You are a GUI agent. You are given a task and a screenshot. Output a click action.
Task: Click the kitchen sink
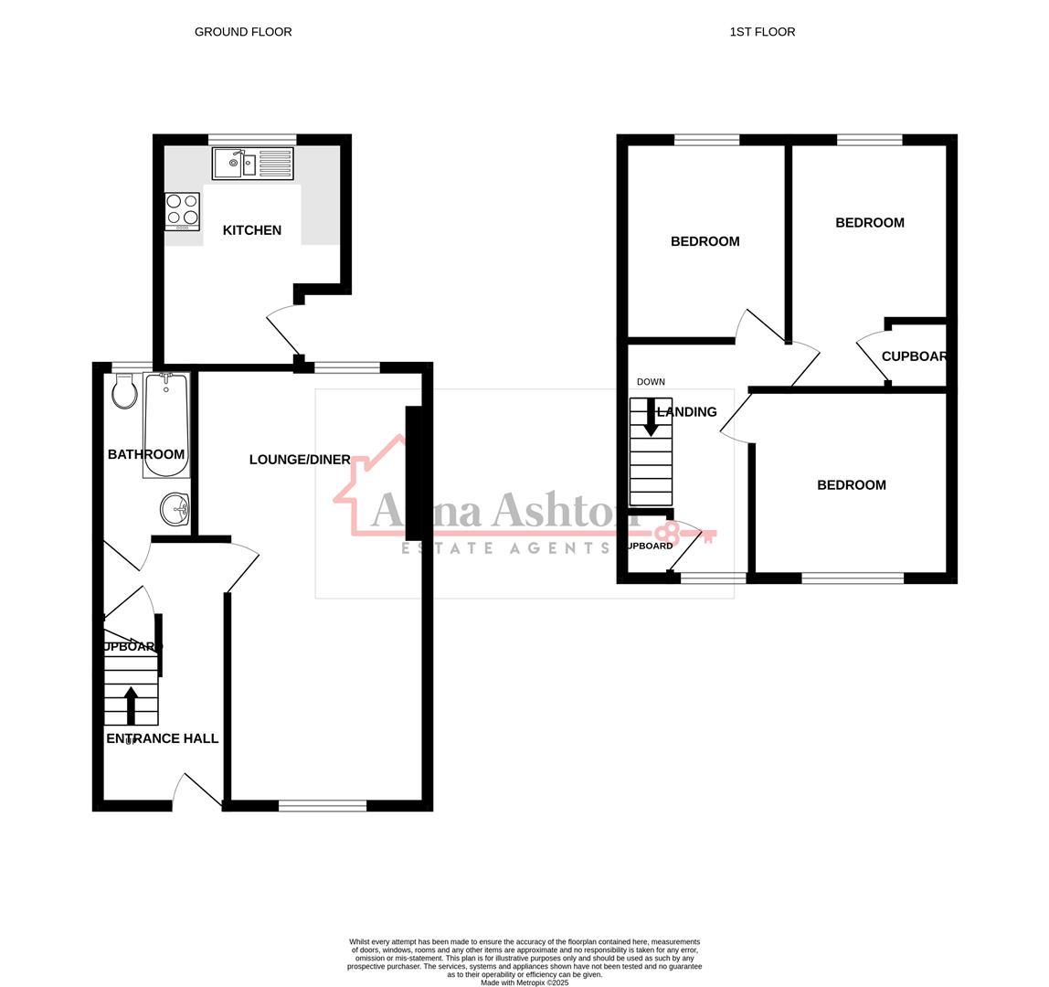[252, 164]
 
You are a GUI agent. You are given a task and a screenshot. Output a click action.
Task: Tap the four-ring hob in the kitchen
[182, 210]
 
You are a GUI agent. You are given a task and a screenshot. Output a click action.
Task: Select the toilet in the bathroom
[124, 392]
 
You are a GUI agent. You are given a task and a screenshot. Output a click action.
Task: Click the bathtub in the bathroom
[166, 425]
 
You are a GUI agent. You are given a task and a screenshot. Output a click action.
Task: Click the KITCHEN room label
[252, 230]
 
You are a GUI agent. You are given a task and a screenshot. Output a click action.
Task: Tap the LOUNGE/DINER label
[300, 460]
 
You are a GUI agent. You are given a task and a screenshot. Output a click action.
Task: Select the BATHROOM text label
[146, 454]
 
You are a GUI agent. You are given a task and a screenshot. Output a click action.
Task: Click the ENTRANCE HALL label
[163, 738]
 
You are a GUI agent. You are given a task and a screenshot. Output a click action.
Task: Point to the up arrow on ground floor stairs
[131, 705]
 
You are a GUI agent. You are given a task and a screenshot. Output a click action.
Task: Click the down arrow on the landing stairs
[651, 418]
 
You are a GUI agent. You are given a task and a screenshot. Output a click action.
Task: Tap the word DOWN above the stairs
[651, 382]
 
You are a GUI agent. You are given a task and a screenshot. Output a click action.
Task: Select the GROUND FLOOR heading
[243, 32]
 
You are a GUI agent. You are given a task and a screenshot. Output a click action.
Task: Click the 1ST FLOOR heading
[762, 32]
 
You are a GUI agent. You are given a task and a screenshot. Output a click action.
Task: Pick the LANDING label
[687, 412]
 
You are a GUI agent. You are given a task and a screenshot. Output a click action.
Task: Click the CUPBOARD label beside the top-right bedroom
[914, 356]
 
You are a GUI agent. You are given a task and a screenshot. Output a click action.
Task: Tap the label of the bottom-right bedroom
[852, 485]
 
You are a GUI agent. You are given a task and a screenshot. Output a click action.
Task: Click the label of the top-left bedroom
[705, 241]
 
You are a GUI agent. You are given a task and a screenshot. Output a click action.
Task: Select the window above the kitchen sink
[252, 140]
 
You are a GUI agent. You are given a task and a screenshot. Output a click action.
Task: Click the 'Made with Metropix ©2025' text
[524, 982]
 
